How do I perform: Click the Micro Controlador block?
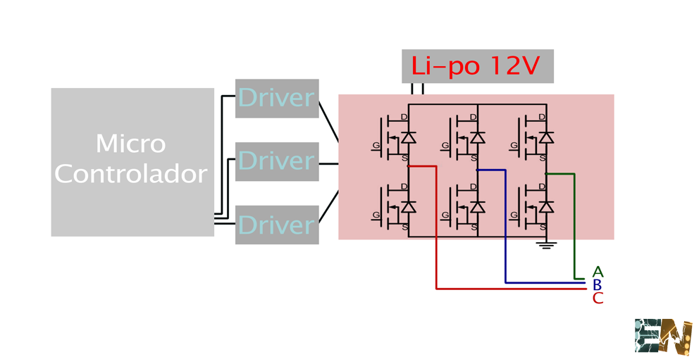point(132,161)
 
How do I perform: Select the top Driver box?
point(277,99)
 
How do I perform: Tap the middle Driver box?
point(277,162)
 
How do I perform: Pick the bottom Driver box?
point(277,225)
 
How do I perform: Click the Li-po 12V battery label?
point(477,66)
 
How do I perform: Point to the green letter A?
point(598,272)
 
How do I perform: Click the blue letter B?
point(598,285)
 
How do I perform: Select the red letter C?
point(598,299)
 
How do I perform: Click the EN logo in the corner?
point(663,337)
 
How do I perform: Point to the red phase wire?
point(437,232)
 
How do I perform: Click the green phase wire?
point(575,225)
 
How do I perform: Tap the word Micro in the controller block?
point(131,144)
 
